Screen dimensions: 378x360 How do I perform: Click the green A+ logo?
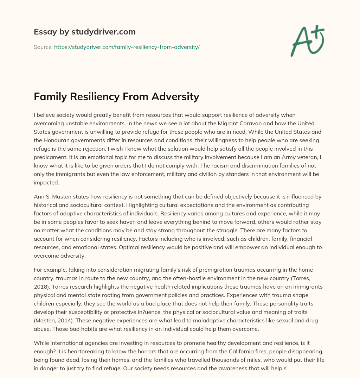[x=307, y=40]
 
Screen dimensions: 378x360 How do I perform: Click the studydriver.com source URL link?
[x=127, y=47]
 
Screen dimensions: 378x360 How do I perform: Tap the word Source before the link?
[x=43, y=47]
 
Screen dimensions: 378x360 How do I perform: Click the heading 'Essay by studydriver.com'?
[x=84, y=32]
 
